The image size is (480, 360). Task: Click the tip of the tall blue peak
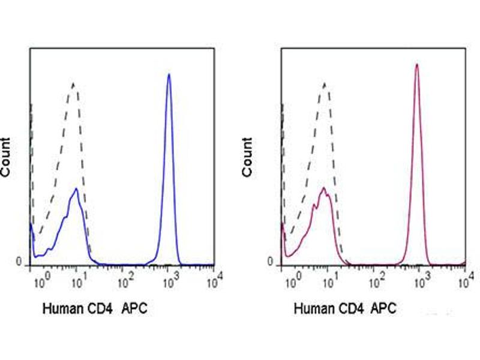169,74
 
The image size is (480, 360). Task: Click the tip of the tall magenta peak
416,64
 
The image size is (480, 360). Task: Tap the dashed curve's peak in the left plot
73,83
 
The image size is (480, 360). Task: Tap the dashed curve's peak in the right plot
325,83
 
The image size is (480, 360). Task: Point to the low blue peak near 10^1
76,189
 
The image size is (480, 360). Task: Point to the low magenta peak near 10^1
324,188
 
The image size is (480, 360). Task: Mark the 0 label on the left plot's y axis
19,263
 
